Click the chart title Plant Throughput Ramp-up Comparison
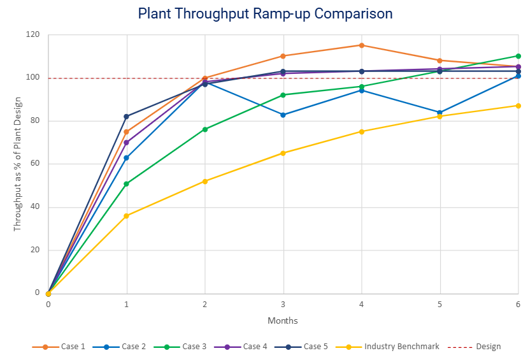tap(265, 13)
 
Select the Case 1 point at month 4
tap(362, 45)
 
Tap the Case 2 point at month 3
tap(283, 115)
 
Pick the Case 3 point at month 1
tap(127, 184)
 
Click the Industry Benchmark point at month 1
tap(127, 216)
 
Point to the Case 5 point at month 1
tap(127, 117)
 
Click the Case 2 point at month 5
tap(440, 112)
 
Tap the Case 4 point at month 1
tap(127, 143)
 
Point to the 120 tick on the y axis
tap(32, 34)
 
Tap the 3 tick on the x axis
tap(283, 305)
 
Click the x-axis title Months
tap(283, 320)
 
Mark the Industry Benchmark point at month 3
tap(283, 153)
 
